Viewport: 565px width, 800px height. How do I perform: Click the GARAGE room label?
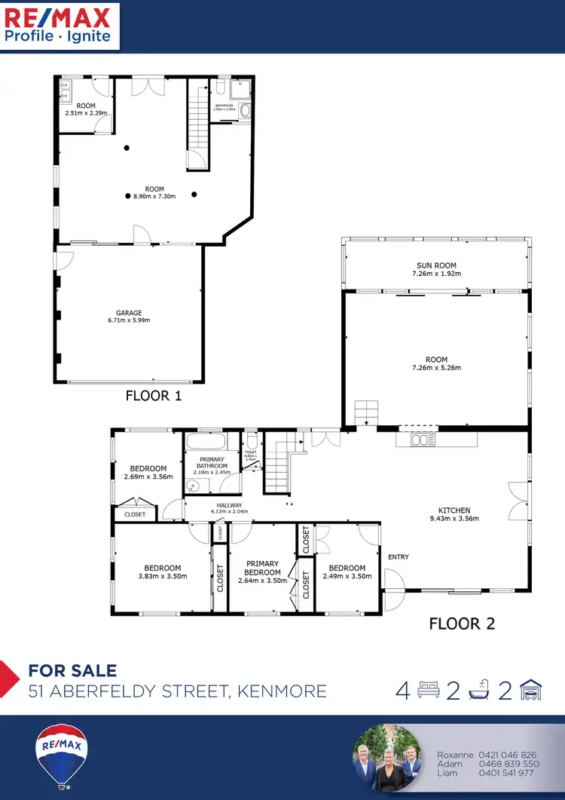(x=129, y=313)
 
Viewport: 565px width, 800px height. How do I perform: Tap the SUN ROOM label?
(x=436, y=265)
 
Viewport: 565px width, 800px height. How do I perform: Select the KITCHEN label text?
(x=454, y=510)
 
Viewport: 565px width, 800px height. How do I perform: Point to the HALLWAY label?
(x=229, y=505)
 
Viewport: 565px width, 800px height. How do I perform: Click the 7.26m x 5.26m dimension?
(x=436, y=368)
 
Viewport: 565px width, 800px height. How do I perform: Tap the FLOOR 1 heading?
(x=154, y=395)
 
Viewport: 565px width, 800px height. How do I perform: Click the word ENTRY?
(x=399, y=557)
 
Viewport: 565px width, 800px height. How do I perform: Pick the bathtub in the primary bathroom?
(x=212, y=442)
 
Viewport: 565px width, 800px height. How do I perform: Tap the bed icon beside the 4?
(x=428, y=690)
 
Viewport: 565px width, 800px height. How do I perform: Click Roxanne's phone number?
(x=507, y=755)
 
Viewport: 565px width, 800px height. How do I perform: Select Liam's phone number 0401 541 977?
(x=507, y=773)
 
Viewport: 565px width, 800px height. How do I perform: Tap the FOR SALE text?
(x=72, y=670)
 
